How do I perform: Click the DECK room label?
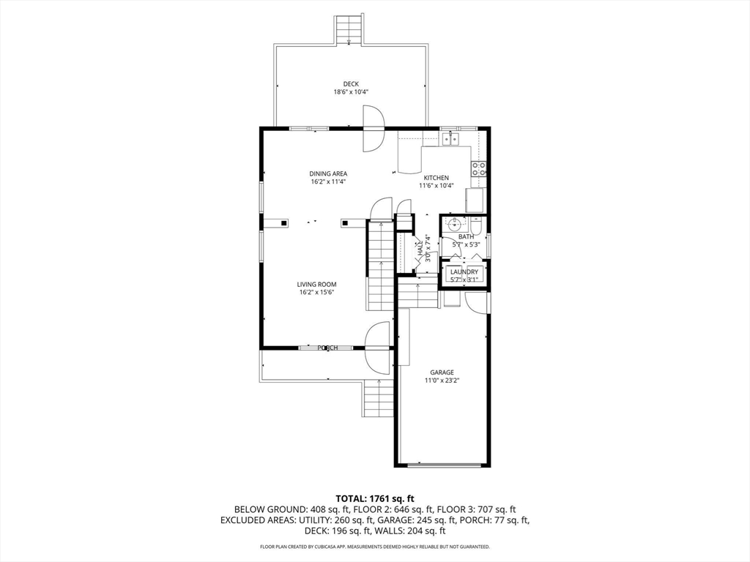(351, 84)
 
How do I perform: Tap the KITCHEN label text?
(437, 178)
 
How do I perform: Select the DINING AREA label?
(328, 174)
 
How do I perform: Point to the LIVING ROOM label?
(316, 285)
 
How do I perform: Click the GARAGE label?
(442, 372)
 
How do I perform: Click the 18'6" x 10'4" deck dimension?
(351, 92)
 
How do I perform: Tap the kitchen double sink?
(450, 138)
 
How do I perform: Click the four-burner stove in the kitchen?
(479, 168)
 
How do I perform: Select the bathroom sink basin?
(454, 223)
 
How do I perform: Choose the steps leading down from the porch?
(379, 398)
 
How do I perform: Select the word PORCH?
(328, 348)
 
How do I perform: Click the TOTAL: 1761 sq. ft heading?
(374, 499)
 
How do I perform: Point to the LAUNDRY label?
(464, 272)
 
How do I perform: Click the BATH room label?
(467, 236)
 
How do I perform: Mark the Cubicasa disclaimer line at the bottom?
(375, 546)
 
